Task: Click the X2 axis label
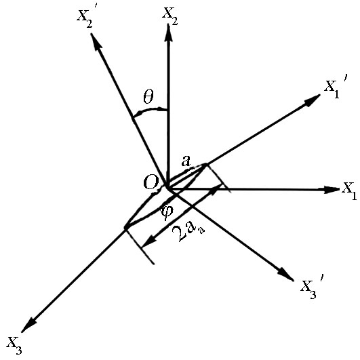coord(170,17)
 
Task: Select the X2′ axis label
coord(85,20)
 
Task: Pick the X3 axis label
coord(14,345)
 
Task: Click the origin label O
coord(151,182)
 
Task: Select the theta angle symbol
coord(148,97)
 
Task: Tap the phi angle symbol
coord(167,212)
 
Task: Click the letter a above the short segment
coord(186,161)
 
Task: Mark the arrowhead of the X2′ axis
coord(96,42)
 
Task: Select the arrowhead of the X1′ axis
coord(312,100)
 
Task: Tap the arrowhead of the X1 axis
coord(332,190)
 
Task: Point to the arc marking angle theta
coord(149,111)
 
